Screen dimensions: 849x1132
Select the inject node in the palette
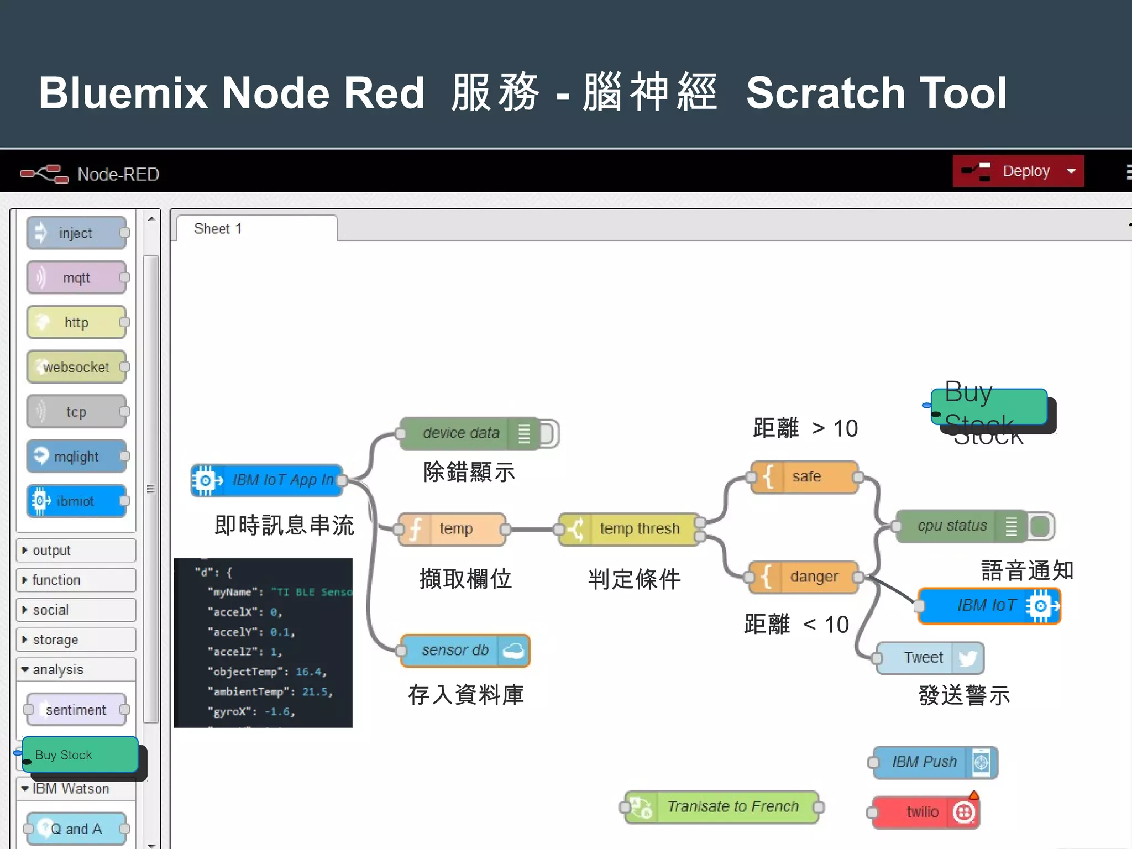76,233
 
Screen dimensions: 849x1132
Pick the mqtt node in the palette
76,278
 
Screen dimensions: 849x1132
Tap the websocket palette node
76,367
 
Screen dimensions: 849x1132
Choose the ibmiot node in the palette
76,501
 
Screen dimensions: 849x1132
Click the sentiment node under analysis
76,710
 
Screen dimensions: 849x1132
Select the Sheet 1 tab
219,229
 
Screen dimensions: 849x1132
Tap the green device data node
462,433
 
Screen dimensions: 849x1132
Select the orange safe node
805,476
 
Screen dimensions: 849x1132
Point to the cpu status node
952,526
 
